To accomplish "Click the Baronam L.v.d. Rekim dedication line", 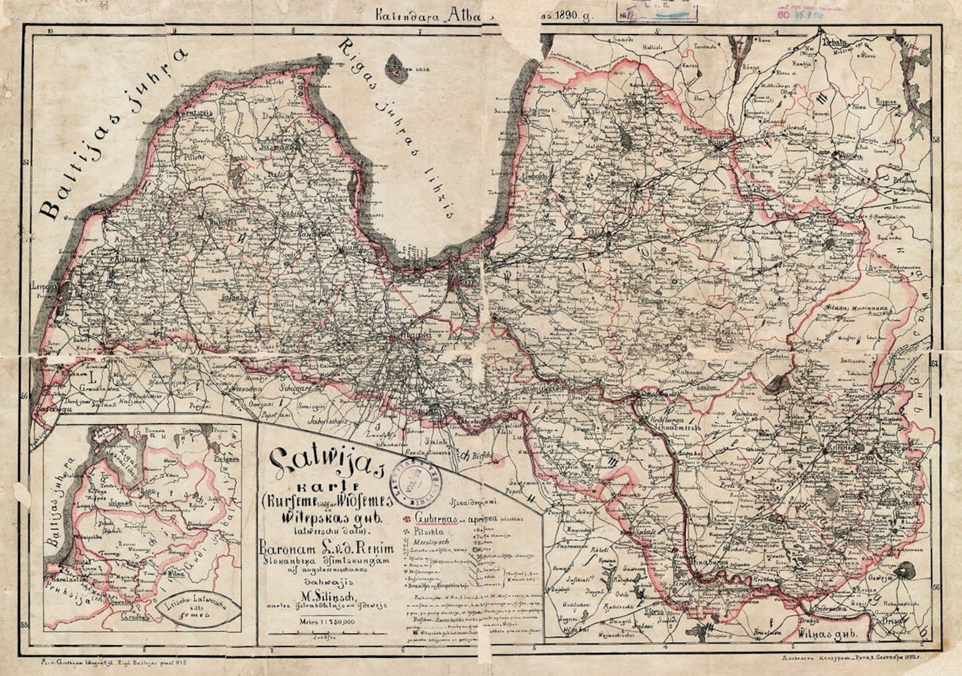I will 326,549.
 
